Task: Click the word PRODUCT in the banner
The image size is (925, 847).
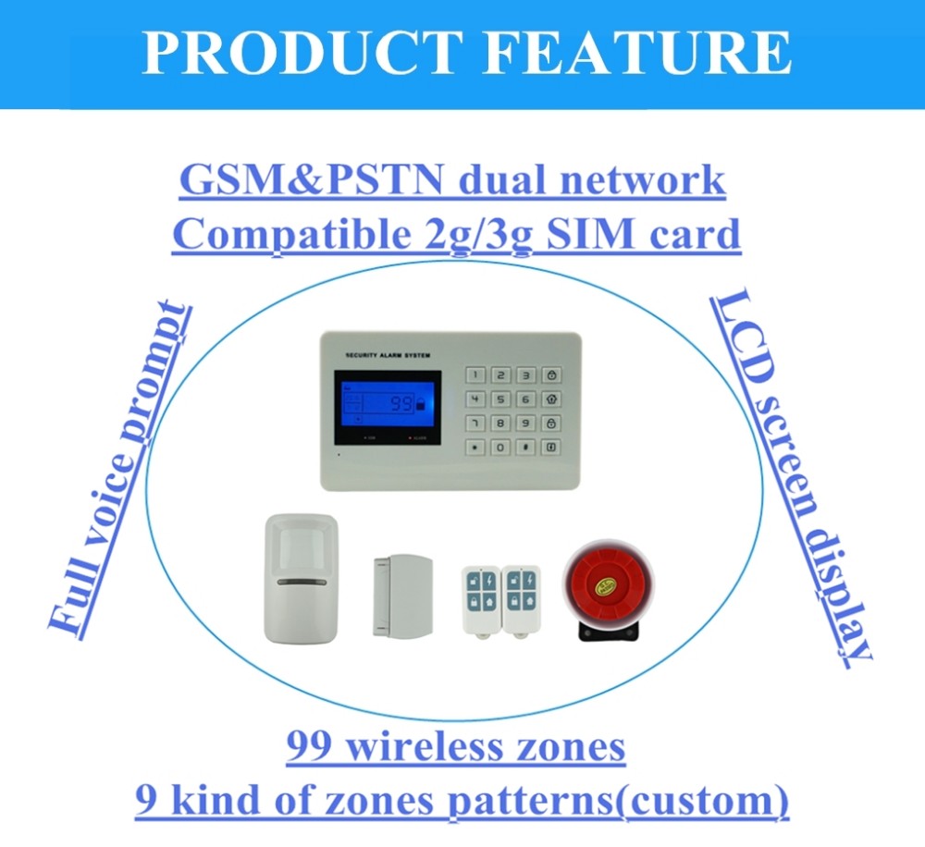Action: pyautogui.click(x=302, y=54)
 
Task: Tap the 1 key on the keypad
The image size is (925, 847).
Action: pyautogui.click(x=475, y=375)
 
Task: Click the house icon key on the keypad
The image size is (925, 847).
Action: pyautogui.click(x=551, y=399)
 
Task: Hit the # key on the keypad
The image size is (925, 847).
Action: pyautogui.click(x=525, y=448)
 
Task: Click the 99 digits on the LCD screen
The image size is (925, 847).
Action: pyautogui.click(x=401, y=404)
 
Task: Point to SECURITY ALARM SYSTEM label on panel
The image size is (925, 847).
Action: pyautogui.click(x=388, y=353)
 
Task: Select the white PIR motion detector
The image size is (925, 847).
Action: pyautogui.click(x=301, y=577)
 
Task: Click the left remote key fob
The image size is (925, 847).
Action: pyautogui.click(x=479, y=600)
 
